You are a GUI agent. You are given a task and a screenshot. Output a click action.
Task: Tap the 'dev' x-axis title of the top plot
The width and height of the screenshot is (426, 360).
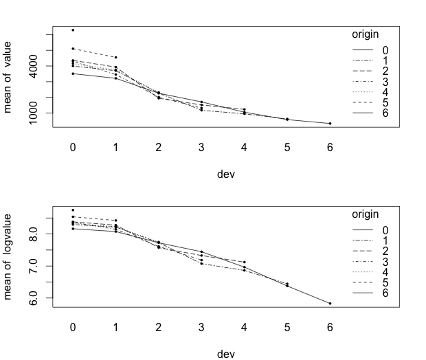[x=226, y=174]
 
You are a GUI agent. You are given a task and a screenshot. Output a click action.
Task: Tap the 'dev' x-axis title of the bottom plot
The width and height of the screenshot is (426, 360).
[x=226, y=354]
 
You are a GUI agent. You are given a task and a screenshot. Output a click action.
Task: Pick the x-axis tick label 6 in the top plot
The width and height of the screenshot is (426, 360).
[x=330, y=147]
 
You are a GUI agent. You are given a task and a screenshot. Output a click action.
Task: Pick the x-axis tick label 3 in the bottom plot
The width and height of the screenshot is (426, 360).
[x=201, y=326]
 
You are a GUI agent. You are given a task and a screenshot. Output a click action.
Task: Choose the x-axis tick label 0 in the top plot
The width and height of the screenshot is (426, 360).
[x=73, y=147]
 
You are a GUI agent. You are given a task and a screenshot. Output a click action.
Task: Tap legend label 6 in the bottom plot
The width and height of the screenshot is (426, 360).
[x=385, y=293]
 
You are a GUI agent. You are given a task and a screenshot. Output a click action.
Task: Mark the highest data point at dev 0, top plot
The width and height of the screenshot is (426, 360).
[x=73, y=30]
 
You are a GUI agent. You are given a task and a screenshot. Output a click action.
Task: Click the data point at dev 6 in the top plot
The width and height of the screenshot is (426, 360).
[x=330, y=124]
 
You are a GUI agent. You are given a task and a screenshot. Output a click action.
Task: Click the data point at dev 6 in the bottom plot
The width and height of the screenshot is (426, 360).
[x=330, y=304]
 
